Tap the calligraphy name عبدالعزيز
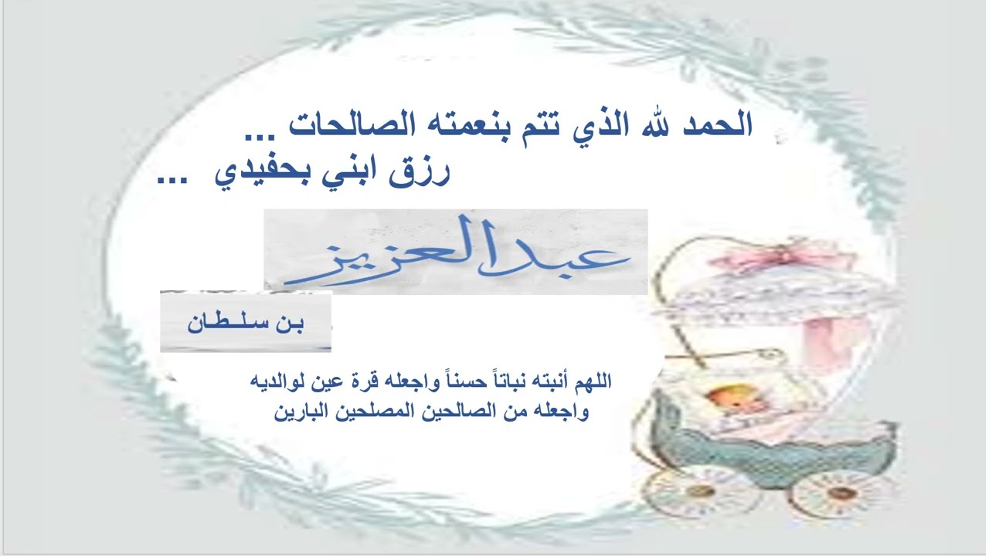tap(456, 252)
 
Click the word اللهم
tap(590, 381)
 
